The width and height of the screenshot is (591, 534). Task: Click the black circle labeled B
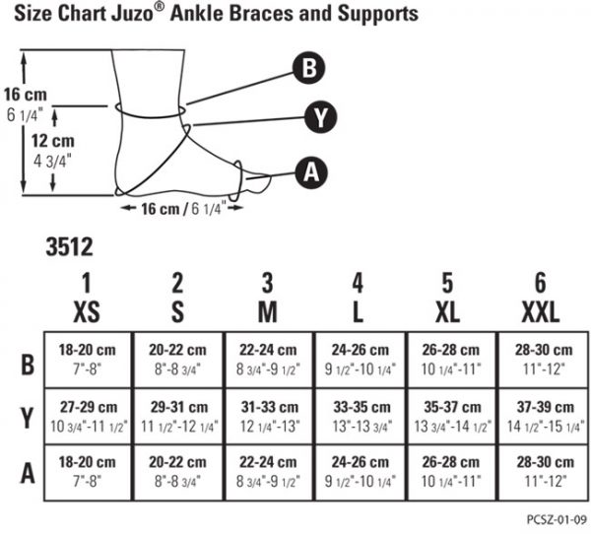tap(309, 68)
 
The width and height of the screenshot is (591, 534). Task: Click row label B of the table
tap(28, 365)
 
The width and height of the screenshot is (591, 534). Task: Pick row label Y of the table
tap(28, 419)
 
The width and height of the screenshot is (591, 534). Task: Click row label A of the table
tap(28, 473)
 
